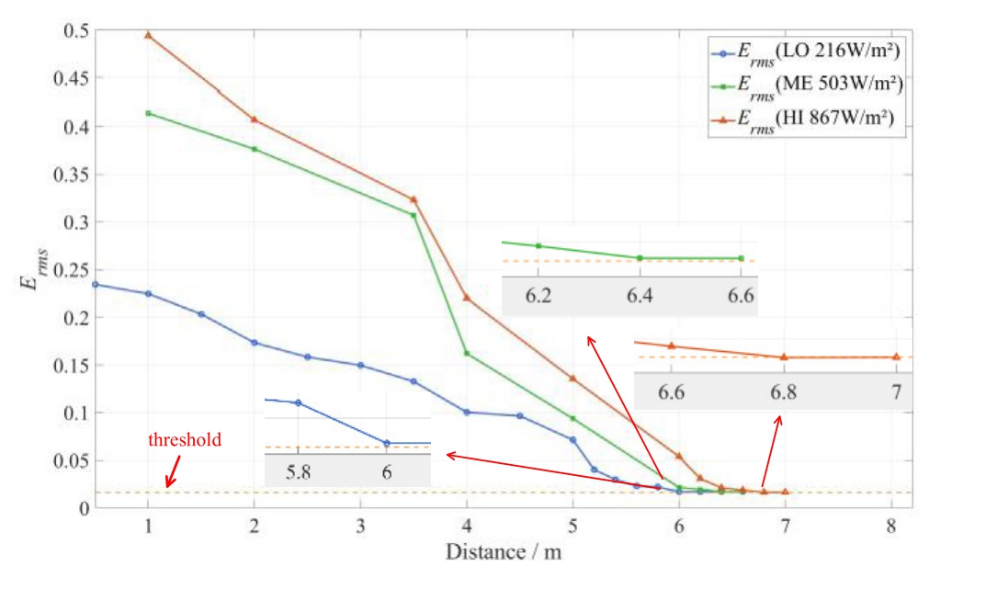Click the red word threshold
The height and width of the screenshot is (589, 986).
[x=185, y=440]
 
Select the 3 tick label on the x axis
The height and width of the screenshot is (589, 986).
[x=360, y=527]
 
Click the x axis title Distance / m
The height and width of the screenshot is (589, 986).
[x=503, y=552]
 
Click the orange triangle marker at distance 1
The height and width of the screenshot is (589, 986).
[x=148, y=35]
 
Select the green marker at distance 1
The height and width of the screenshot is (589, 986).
[x=148, y=113]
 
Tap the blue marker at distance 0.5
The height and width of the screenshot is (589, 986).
[x=95, y=284]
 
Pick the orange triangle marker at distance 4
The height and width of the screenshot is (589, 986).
[x=467, y=297]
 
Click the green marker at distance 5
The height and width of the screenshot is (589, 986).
[x=572, y=418]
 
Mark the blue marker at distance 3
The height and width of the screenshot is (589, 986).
[x=360, y=365]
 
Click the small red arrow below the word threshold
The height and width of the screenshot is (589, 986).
[x=171, y=475]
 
